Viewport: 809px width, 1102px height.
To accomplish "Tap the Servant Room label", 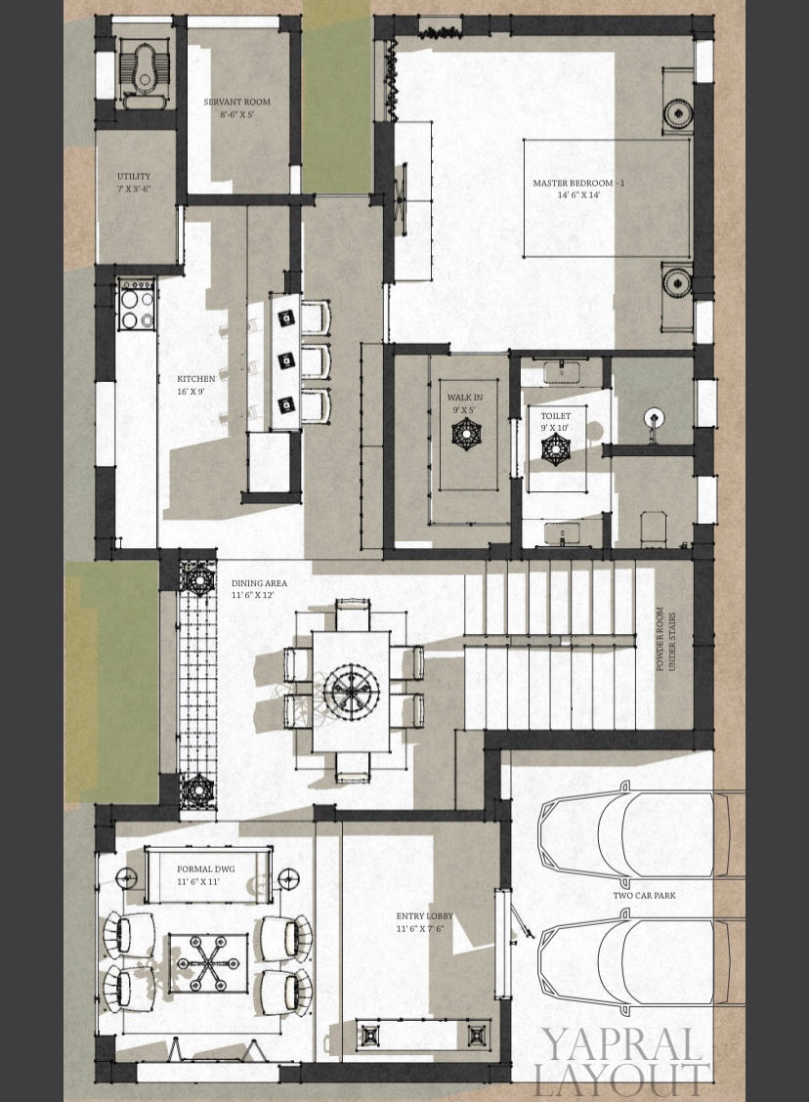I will click(x=236, y=102).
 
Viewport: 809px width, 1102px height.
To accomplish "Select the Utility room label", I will click(x=133, y=177).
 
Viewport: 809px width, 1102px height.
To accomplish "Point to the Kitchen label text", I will click(x=195, y=379).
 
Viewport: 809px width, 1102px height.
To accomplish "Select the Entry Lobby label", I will click(x=424, y=915).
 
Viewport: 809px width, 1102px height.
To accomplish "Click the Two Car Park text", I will click(x=644, y=895).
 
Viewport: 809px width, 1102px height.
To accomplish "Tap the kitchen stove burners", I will click(x=136, y=305).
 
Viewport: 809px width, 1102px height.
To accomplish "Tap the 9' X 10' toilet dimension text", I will click(x=555, y=428).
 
